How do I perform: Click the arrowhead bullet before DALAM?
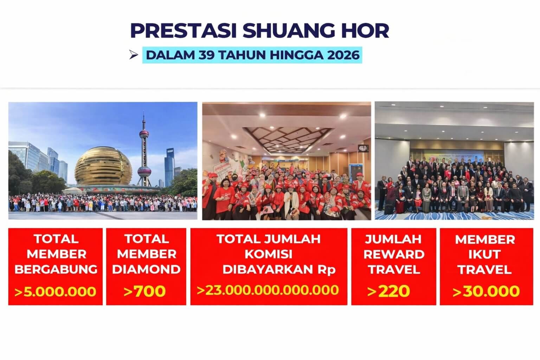click(x=133, y=55)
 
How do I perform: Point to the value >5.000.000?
click(x=55, y=291)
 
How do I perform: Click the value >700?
click(x=145, y=291)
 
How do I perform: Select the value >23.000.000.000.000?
click(x=268, y=290)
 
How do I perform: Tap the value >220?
click(x=388, y=291)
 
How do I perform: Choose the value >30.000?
click(x=486, y=291)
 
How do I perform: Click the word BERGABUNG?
click(x=56, y=269)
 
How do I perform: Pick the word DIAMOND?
click(x=146, y=269)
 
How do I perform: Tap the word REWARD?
click(x=393, y=254)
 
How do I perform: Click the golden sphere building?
click(x=103, y=166)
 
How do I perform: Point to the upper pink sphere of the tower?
click(x=144, y=134)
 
